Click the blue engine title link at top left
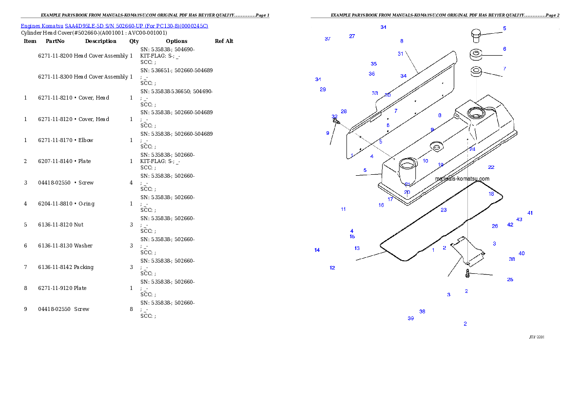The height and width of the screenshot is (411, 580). point(114,26)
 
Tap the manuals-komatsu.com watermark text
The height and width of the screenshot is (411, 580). point(462,179)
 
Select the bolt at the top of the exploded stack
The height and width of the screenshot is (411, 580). point(476,35)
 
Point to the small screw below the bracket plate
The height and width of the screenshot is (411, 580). point(467,275)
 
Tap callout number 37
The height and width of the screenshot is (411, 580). point(328,39)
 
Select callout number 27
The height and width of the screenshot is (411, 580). point(352,36)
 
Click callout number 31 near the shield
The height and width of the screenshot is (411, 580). point(400,54)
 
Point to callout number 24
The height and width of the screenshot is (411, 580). point(472,149)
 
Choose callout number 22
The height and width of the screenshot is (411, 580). point(491,167)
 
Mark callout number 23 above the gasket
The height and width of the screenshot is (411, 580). point(444,210)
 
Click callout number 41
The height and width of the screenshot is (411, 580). point(530,213)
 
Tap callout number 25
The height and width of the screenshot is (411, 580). point(510,280)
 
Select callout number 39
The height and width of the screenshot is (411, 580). point(410,318)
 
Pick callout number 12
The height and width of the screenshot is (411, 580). point(332,267)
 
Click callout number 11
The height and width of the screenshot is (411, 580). point(343,209)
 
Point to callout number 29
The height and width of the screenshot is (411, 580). point(323,89)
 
